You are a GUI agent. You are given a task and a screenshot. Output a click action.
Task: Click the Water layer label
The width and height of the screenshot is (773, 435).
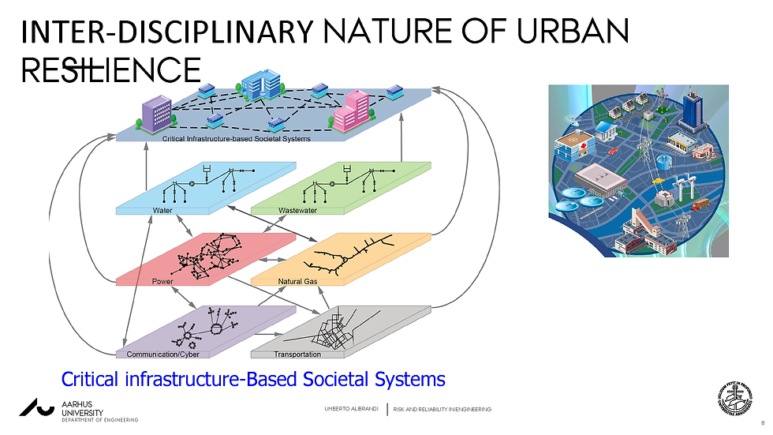pos(162,211)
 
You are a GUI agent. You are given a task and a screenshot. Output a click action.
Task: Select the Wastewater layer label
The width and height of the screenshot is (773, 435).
pos(297,211)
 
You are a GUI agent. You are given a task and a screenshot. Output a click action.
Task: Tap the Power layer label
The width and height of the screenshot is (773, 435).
pos(162,280)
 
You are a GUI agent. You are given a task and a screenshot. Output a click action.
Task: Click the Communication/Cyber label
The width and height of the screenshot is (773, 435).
pos(169,354)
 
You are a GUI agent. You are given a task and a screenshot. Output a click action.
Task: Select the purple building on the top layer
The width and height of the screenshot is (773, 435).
pos(156,114)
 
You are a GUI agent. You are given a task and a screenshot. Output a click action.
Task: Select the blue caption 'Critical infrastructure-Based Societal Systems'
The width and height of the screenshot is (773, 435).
pos(253,380)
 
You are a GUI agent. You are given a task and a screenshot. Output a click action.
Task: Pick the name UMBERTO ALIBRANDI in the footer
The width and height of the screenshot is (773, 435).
pos(351,408)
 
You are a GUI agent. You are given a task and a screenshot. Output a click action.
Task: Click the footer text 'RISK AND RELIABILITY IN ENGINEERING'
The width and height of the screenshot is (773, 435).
pos(443,408)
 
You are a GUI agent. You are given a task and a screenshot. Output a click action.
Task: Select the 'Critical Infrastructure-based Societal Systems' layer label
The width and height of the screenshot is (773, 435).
pos(237,139)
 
